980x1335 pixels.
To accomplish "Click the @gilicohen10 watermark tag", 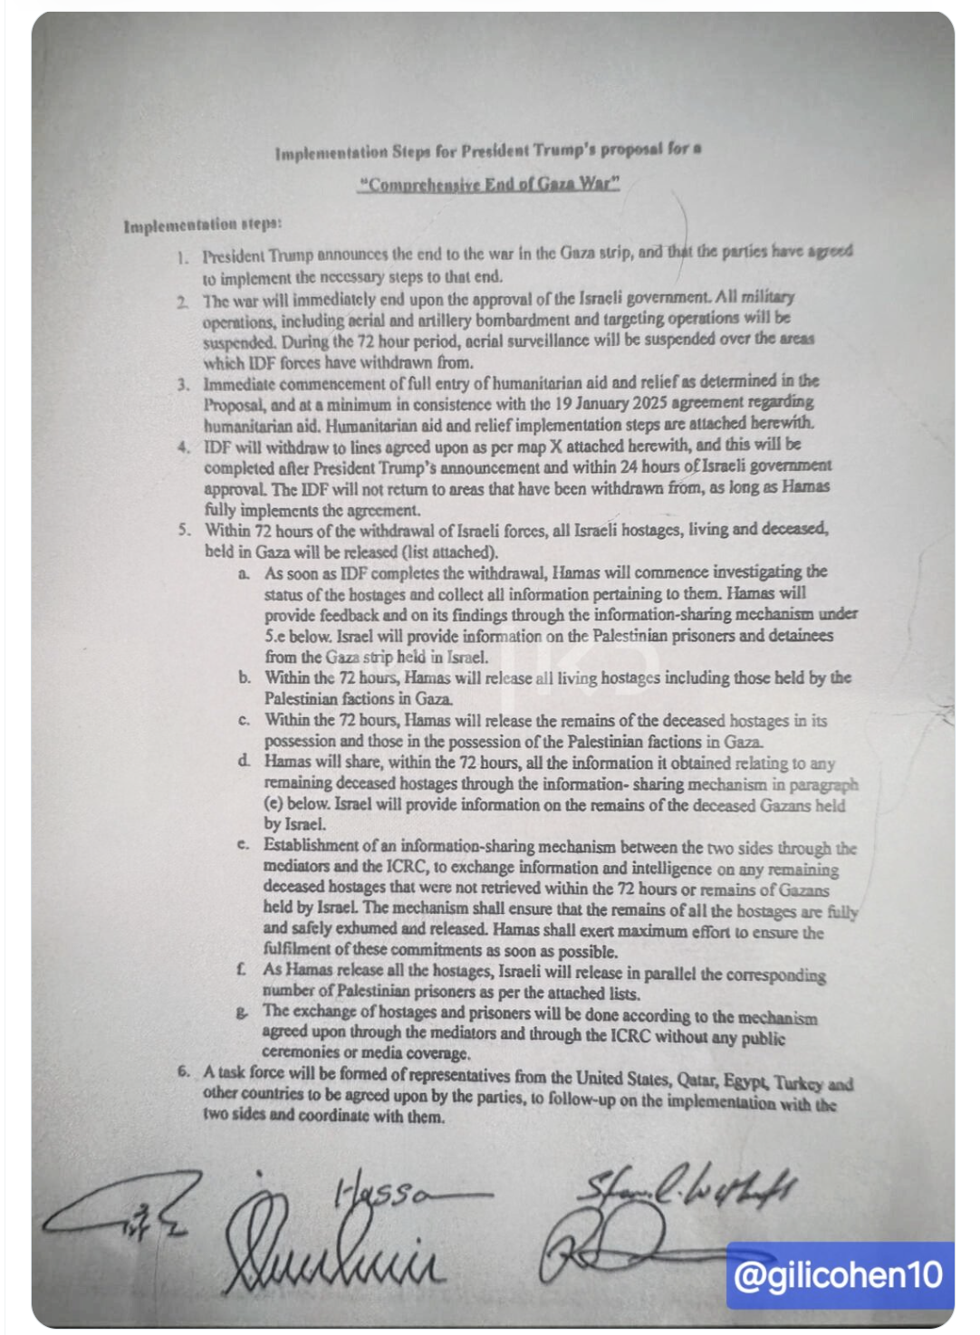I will pos(838,1275).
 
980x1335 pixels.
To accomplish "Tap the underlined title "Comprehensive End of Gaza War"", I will pos(489,184).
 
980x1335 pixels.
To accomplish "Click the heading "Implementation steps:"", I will pos(202,224).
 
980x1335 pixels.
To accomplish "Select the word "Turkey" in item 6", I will pos(799,1082).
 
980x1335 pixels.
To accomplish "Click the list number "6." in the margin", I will pos(184,1072).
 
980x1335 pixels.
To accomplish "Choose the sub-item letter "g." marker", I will pos(242,1012).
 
